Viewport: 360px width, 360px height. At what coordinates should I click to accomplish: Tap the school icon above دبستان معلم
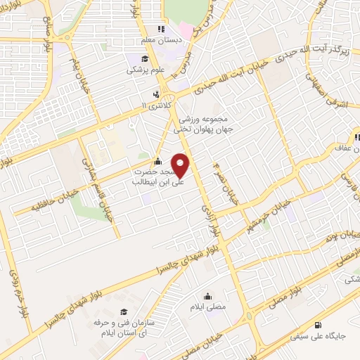point(160,29)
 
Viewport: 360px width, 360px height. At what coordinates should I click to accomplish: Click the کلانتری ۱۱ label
point(155,105)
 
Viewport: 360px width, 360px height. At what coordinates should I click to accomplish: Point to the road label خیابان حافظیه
point(38,186)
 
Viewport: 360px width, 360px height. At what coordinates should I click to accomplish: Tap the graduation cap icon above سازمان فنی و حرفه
point(124,312)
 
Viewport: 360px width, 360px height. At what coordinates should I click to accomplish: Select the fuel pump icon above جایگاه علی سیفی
point(319,324)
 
